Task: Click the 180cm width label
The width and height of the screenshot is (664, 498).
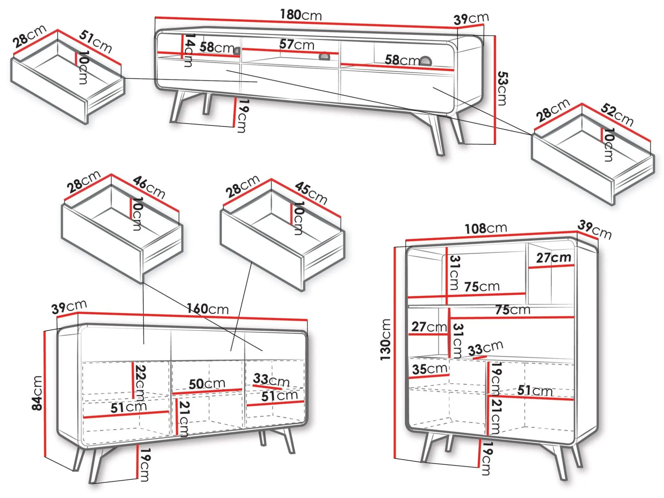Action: coord(301,15)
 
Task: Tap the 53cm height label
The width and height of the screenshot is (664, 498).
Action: coord(502,89)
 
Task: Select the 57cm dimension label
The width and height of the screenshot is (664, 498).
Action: coord(297,45)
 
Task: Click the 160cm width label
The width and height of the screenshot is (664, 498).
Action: coord(208,308)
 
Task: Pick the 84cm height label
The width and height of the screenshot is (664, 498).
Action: coord(37,393)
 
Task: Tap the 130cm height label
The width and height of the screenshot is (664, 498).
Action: coord(386,339)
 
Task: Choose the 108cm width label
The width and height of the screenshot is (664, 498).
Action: coord(486,228)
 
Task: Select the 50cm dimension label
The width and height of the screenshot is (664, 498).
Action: coord(207,384)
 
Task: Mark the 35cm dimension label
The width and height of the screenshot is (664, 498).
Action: coord(430,369)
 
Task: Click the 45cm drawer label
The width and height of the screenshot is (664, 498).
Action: coord(311,193)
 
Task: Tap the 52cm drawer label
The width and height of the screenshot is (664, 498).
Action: coord(617,114)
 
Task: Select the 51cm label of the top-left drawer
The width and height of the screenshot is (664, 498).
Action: coord(96,41)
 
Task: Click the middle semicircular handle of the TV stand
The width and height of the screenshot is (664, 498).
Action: coord(324,57)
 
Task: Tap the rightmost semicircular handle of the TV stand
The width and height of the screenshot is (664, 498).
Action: coord(426,61)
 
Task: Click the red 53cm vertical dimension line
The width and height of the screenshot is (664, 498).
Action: coord(495,90)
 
